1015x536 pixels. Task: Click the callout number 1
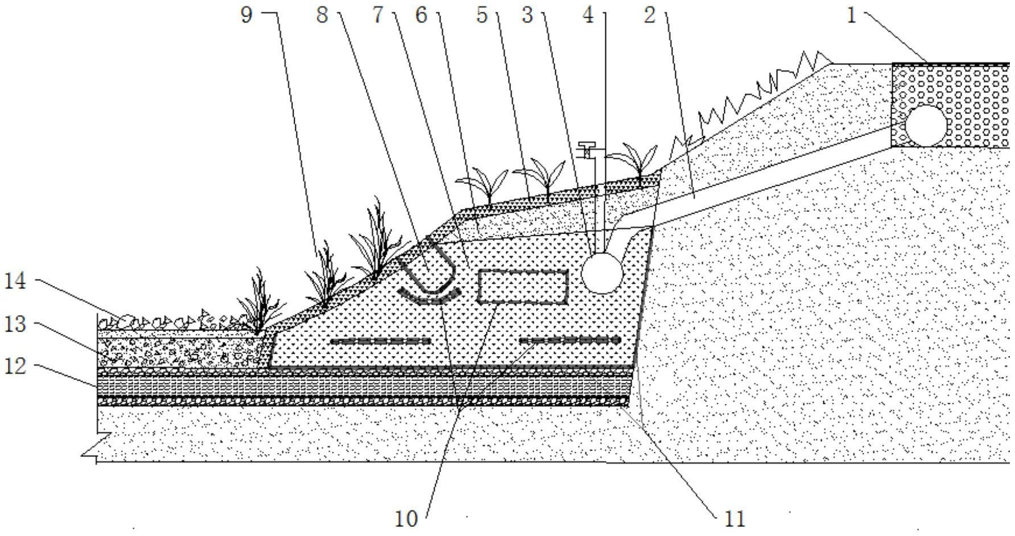click(851, 15)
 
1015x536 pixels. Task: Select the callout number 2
click(650, 15)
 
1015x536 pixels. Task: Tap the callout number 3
click(527, 15)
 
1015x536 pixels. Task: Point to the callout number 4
click(588, 15)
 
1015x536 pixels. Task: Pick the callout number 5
click(482, 15)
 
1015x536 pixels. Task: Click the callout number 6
click(421, 15)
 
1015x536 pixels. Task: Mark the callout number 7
click(378, 15)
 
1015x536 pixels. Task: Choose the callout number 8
click(322, 15)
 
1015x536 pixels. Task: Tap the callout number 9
click(246, 15)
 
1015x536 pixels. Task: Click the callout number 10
click(406, 519)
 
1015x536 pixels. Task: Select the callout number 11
click(735, 519)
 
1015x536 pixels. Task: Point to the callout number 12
click(15, 366)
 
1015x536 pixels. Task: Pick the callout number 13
click(15, 324)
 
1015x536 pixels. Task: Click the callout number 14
click(15, 281)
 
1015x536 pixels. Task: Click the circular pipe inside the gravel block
click(926, 125)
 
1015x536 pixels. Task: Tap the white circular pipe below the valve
click(603, 273)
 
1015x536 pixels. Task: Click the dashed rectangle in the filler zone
click(523, 287)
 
